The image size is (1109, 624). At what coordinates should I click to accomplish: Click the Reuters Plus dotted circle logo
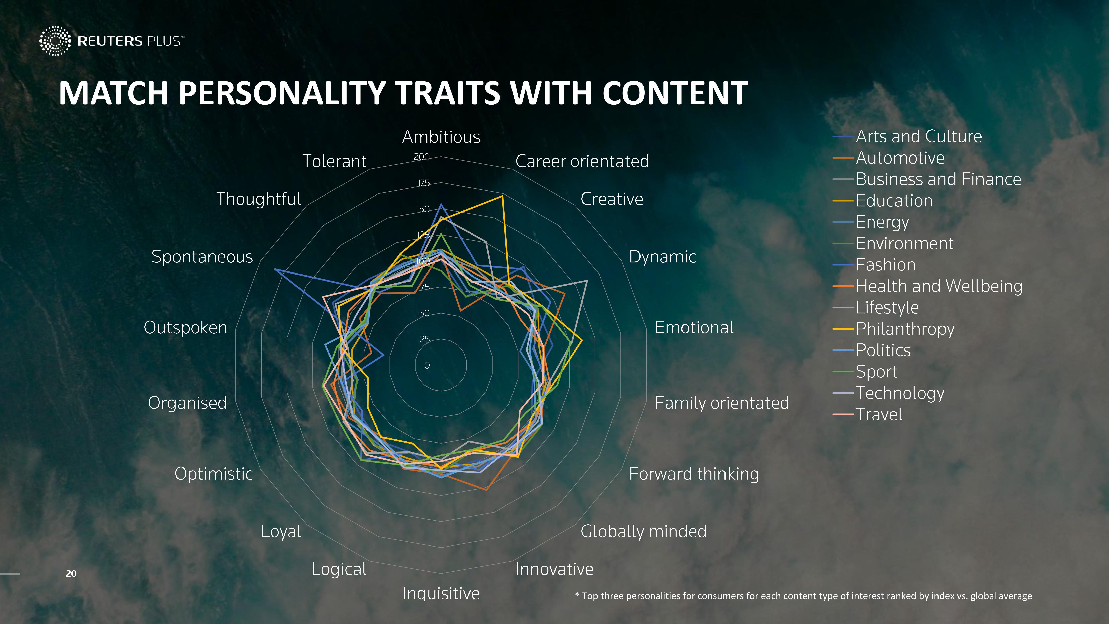point(55,41)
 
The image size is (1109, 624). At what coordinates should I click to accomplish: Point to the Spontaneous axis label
point(202,257)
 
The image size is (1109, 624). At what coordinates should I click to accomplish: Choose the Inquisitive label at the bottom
point(441,593)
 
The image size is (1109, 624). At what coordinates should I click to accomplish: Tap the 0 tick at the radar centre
point(427,365)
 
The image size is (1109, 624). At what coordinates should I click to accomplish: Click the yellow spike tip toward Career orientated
point(502,196)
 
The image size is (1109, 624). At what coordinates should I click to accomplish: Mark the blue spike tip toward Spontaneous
point(275,269)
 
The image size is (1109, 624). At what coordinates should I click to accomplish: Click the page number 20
point(71,574)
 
